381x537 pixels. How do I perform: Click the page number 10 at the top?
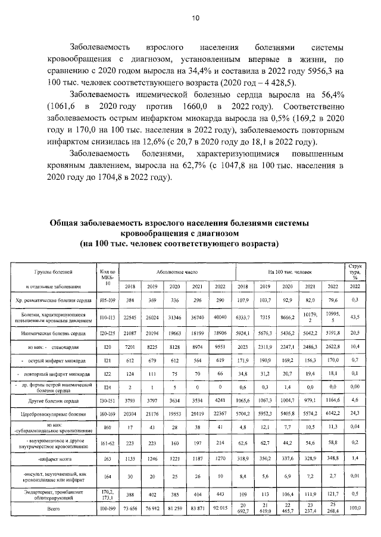(195, 18)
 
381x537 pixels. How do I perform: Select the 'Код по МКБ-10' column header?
(108, 278)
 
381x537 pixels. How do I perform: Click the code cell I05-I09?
(108, 300)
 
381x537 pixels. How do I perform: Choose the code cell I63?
(108, 460)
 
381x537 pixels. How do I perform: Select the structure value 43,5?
(355, 317)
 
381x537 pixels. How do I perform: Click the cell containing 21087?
(129, 334)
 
